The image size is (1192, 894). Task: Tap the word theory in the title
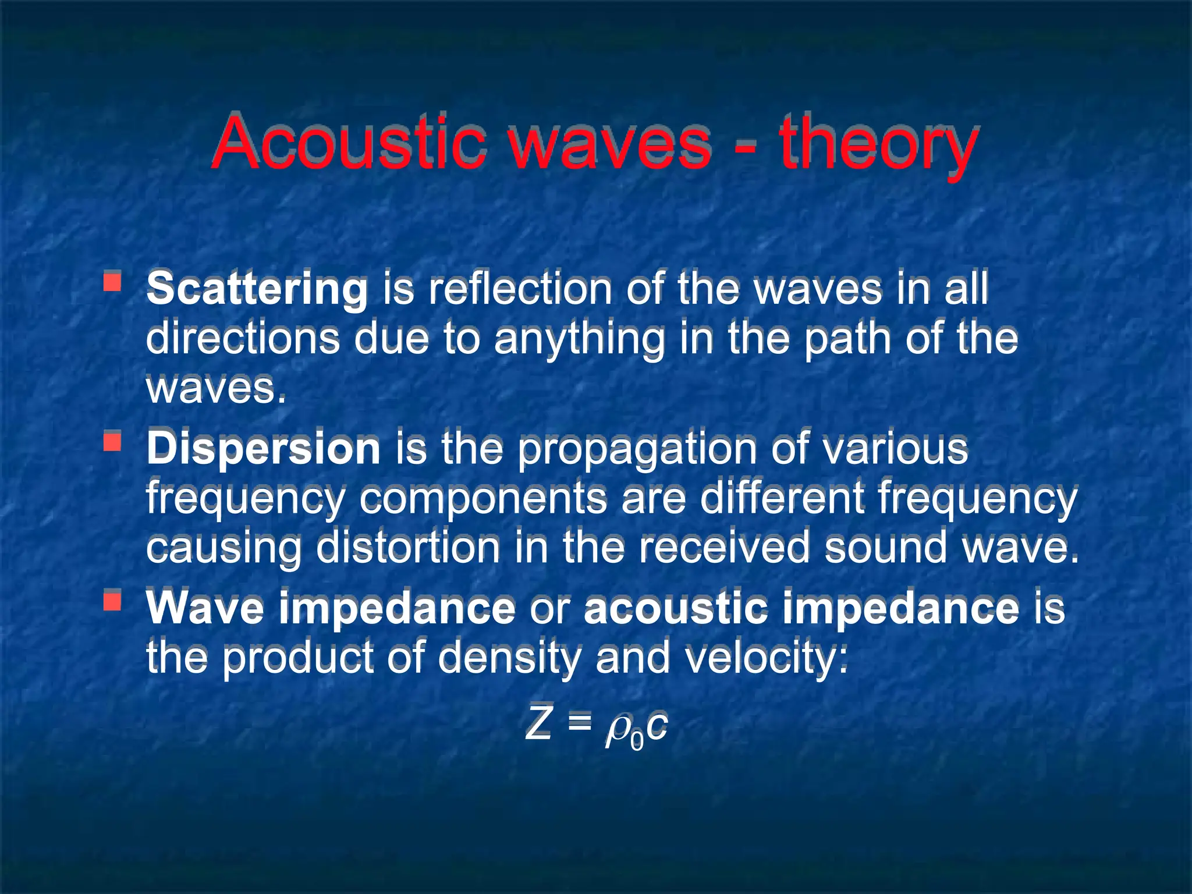(x=879, y=144)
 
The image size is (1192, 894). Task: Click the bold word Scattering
(x=257, y=289)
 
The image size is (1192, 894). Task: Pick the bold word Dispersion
(x=263, y=449)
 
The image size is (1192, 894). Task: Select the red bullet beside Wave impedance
(x=112, y=600)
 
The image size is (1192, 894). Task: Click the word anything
(x=579, y=340)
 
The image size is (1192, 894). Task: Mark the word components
(x=483, y=499)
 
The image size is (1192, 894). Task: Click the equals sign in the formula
(x=579, y=724)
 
